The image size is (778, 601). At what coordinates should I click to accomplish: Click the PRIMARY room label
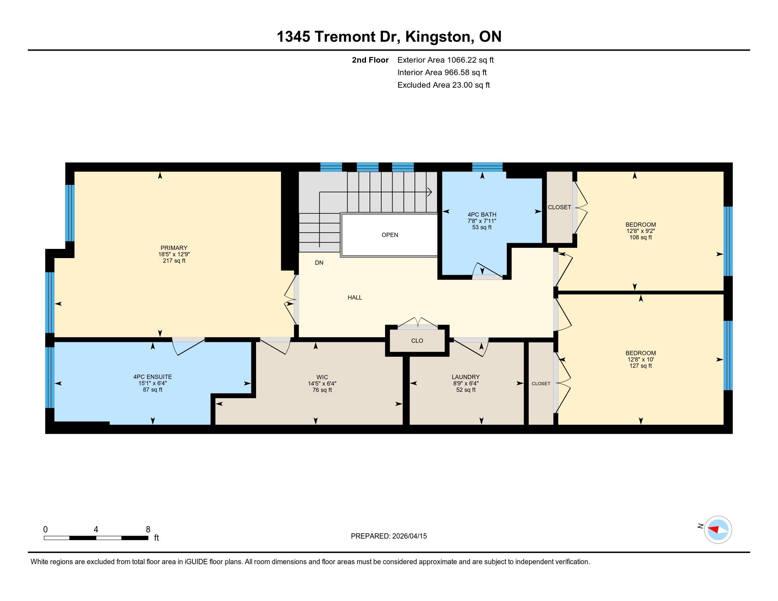coord(174,248)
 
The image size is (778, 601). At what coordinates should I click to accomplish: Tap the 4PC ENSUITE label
coord(152,377)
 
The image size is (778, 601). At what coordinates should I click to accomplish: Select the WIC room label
coord(322,377)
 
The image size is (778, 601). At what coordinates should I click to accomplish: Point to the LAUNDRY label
coord(466,377)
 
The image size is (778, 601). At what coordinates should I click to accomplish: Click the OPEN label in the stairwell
coord(390,235)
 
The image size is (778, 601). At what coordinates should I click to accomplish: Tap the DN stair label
coord(319,262)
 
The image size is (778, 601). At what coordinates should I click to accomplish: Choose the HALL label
coord(355,297)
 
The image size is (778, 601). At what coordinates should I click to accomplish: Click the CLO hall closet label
coord(417,341)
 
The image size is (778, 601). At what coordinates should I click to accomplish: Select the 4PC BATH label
coord(482,214)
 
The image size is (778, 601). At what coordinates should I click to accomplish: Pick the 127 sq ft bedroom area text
coord(640,366)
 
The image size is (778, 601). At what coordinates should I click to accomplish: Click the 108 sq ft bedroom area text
coord(640,237)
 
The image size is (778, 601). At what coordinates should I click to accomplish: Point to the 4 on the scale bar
coord(96,530)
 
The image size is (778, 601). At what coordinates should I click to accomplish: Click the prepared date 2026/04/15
coord(409,536)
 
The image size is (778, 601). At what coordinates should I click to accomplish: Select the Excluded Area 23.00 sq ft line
coord(443,85)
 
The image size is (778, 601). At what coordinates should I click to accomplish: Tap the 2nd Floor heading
coord(370,60)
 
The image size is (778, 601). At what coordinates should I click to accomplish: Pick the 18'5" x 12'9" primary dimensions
coord(174,254)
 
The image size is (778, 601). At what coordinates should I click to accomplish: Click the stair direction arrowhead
coord(430,192)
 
